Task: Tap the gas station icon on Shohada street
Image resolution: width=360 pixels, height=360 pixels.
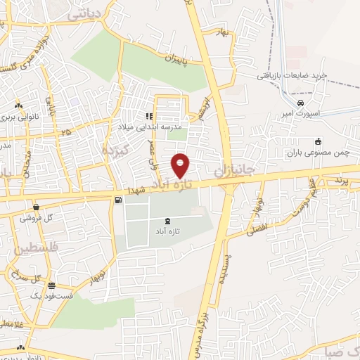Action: pos(117,201)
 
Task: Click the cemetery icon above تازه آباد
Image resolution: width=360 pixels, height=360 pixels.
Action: pos(157,220)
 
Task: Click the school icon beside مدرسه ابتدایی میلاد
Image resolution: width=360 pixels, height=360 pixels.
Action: pos(148,116)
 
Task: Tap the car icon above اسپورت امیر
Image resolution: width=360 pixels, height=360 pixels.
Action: pos(300,104)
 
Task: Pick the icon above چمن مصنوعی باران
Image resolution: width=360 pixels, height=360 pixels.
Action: pos(318,140)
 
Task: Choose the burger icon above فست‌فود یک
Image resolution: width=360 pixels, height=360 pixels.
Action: pos(52,285)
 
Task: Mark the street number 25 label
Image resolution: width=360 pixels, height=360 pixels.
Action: pos(66,131)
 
